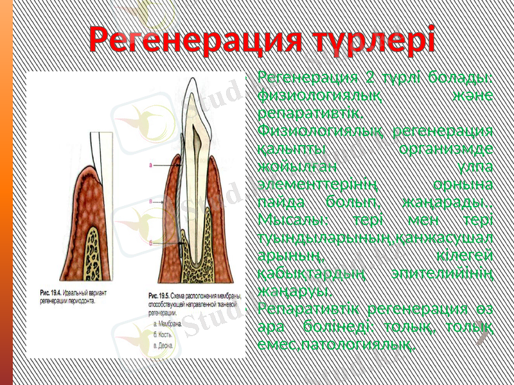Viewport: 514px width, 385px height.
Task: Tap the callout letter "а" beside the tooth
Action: tap(150, 165)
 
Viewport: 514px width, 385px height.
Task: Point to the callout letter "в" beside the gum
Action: tap(150, 201)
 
